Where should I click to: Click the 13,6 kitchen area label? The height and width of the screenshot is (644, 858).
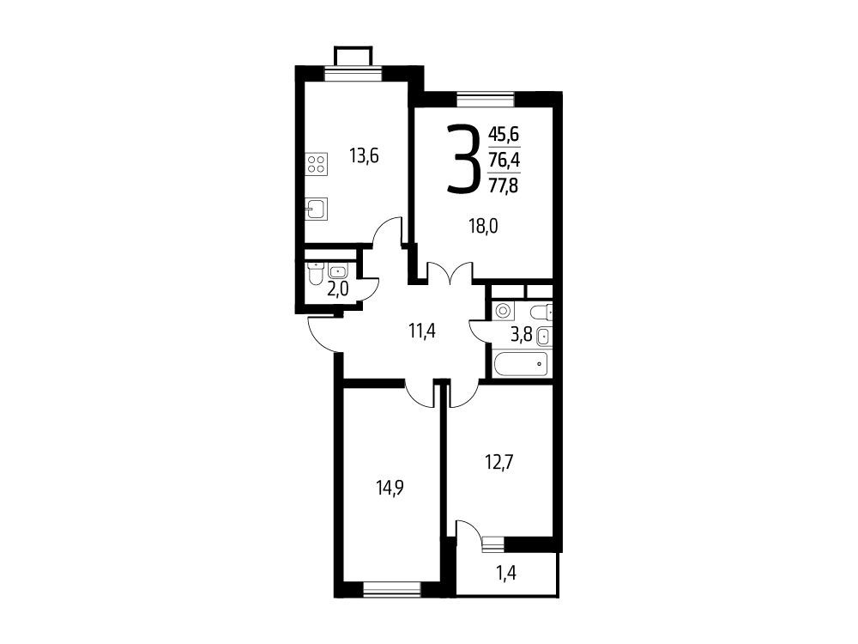(364, 157)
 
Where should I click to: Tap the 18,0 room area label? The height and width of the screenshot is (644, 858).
(483, 226)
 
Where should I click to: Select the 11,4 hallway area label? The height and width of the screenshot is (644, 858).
(422, 331)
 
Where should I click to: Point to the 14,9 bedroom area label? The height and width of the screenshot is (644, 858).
(390, 488)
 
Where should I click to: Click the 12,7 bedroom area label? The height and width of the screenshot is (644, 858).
(499, 463)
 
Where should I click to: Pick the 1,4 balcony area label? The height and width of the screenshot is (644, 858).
(506, 574)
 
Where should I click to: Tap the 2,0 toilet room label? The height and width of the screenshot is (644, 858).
(337, 289)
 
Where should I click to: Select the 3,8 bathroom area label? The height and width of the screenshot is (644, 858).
(521, 335)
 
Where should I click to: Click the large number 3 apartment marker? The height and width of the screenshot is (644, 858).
(462, 160)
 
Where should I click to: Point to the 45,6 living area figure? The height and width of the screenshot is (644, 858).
(504, 135)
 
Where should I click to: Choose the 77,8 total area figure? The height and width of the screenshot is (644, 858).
(504, 186)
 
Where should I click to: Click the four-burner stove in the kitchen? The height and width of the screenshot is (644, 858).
(317, 163)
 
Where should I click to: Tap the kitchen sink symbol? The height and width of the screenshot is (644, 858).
(317, 209)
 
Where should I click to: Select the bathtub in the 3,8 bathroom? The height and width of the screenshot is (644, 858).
(520, 364)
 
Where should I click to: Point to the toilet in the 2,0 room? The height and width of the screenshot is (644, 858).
(315, 274)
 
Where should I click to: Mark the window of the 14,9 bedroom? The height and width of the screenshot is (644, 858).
(391, 589)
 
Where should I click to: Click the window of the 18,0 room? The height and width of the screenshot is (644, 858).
(486, 99)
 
